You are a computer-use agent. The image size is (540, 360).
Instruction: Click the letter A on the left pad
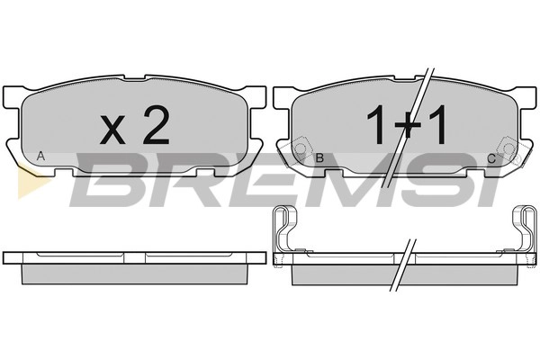[x=40, y=156]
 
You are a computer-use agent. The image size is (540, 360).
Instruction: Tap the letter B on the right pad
[x=319, y=157]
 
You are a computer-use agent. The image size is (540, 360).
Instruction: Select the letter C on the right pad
[x=491, y=158]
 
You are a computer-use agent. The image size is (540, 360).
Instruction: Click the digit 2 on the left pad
[x=157, y=124]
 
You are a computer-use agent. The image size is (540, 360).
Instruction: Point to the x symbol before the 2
[x=112, y=130]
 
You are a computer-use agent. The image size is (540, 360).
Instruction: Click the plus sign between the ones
[x=407, y=128]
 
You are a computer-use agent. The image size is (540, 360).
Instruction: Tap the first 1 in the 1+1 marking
[x=376, y=124]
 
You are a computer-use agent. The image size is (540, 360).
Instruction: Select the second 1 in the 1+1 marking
[x=436, y=124]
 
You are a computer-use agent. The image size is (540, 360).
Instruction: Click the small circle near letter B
[x=301, y=148]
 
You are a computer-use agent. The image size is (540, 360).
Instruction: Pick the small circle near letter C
[x=508, y=148]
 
